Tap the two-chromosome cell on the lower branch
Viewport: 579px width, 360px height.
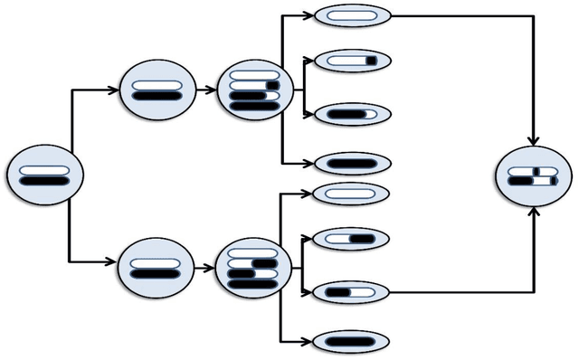point(157,268)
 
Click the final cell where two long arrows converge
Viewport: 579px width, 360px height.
point(534,175)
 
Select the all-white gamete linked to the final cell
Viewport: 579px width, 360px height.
point(352,15)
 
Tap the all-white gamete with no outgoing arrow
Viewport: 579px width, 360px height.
point(351,193)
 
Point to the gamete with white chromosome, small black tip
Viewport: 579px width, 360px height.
point(352,62)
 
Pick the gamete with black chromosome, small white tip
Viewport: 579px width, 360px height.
point(352,115)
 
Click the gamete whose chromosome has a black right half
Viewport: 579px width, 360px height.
point(351,239)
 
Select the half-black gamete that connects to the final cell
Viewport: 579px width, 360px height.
point(351,292)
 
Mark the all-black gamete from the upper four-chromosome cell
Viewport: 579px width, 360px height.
point(353,164)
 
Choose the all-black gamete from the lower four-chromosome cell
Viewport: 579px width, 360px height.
point(351,341)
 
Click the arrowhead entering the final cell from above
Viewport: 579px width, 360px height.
point(534,140)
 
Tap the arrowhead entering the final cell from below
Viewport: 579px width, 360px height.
point(534,212)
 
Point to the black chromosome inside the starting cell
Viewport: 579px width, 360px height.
point(44,181)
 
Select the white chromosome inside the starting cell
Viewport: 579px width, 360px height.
point(44,169)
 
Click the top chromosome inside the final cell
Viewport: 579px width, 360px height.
point(533,170)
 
